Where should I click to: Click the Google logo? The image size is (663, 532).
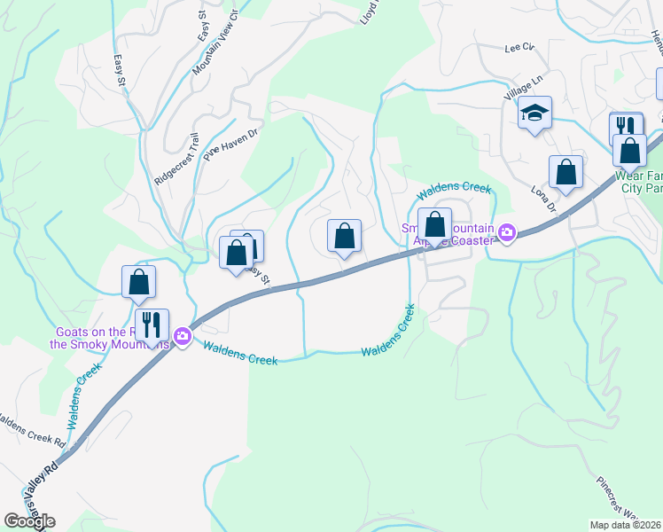pyautogui.click(x=29, y=521)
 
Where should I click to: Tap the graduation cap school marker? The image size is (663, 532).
pyautogui.click(x=534, y=113)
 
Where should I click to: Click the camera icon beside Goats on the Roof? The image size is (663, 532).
pyautogui.click(x=183, y=335)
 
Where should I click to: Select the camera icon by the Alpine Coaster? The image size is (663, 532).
pyautogui.click(x=507, y=233)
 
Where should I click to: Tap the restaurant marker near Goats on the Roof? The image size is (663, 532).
pyautogui.click(x=152, y=325)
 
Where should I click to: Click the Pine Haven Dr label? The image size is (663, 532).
pyautogui.click(x=230, y=142)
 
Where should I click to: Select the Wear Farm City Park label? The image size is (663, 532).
pyautogui.click(x=639, y=182)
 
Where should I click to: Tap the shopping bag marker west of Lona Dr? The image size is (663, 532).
pyautogui.click(x=565, y=173)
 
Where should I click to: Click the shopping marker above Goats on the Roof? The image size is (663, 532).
pyautogui.click(x=138, y=283)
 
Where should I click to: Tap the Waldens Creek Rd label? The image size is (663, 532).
pyautogui.click(x=31, y=429)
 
